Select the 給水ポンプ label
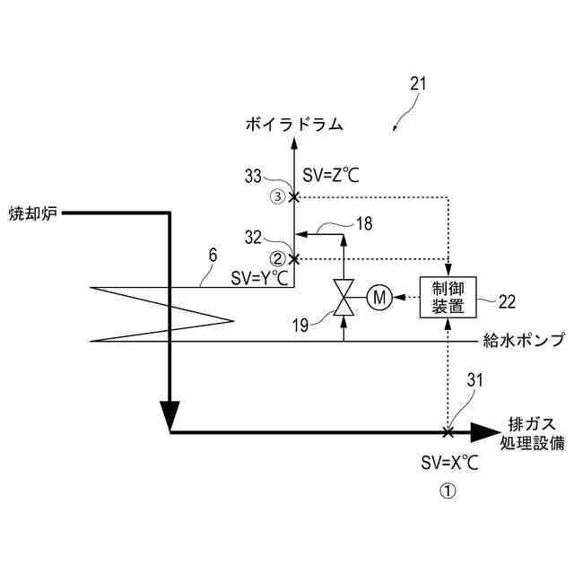coord(524,340)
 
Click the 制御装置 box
coord(448,297)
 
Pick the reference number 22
coord(508,301)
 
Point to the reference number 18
coord(363,223)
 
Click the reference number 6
coord(213,255)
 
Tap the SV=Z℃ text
coord(331,176)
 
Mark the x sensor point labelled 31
coord(448,432)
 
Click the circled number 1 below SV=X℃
coord(448,491)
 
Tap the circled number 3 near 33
coord(279,196)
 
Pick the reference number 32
coord(255,237)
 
